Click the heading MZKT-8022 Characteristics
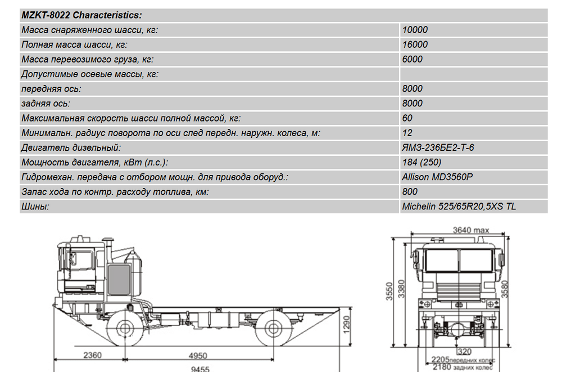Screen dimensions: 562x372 [x=81, y=15]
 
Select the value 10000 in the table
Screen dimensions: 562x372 [x=415, y=30]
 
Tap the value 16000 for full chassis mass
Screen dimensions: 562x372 [x=415, y=44]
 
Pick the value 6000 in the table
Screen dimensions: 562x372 [x=412, y=59]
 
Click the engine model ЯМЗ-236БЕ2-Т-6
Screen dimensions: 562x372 [x=438, y=147]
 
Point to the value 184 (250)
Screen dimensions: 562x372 [x=422, y=162]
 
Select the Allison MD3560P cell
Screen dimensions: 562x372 [x=437, y=177]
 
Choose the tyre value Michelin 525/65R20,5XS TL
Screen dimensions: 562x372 [x=459, y=207]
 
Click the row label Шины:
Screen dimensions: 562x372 [x=35, y=207]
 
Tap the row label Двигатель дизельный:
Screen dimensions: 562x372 [x=71, y=147]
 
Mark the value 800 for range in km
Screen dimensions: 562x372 [x=410, y=192]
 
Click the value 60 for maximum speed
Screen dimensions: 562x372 [x=407, y=118]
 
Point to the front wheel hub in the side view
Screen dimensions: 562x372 [x=125, y=328]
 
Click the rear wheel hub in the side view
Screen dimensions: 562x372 [x=273, y=328]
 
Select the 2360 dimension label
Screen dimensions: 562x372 [x=93, y=355]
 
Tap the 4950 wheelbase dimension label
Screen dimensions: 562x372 [x=198, y=356]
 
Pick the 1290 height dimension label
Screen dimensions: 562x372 [x=346, y=325]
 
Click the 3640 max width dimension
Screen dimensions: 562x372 [x=471, y=230]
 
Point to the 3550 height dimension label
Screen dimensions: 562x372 [x=389, y=291]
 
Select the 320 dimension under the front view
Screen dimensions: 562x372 [x=465, y=352]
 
